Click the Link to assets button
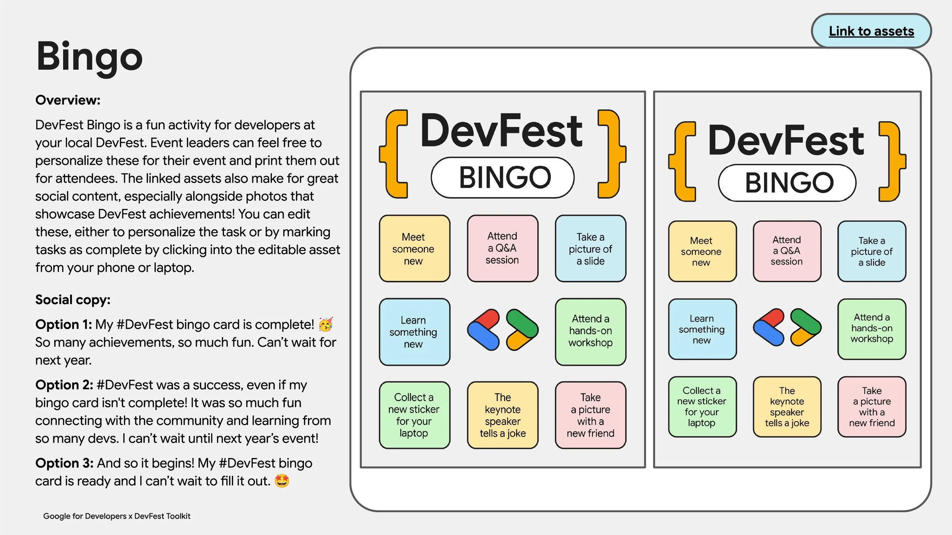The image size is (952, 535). [x=871, y=31]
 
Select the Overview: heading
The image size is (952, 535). [x=68, y=100]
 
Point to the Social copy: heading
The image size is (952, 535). [x=73, y=300]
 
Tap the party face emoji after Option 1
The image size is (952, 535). [x=326, y=325]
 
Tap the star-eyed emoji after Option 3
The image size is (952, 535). [x=282, y=481]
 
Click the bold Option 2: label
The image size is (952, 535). [x=64, y=385]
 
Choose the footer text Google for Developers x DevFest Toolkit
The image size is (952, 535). [x=117, y=516]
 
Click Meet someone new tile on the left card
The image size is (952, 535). [x=414, y=249]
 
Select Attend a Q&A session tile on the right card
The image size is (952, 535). [x=787, y=251]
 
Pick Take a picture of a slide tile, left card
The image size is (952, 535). [x=590, y=249]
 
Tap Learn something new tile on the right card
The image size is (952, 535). [x=702, y=330]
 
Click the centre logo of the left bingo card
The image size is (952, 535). [x=503, y=330]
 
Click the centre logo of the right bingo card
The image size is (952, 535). [x=787, y=328]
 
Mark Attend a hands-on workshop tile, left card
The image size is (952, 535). [x=590, y=331]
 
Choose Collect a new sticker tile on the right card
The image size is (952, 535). [x=702, y=407]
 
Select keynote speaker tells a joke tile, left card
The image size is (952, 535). [x=503, y=415]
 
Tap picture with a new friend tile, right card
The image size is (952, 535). [x=872, y=407]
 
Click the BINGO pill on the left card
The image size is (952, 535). [x=503, y=178]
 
